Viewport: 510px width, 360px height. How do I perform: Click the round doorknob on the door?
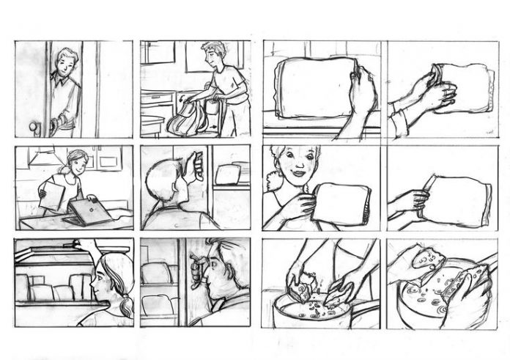(34, 128)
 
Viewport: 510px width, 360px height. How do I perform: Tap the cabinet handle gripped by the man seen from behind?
(196, 165)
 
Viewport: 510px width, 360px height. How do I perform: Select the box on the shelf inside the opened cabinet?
(228, 175)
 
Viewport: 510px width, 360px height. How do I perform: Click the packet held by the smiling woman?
(341, 205)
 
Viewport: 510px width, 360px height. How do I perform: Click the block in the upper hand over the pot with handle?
(425, 257)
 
